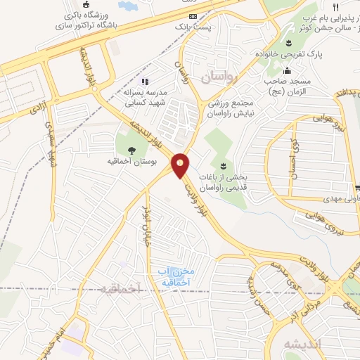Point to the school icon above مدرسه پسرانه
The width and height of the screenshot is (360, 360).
(146, 82)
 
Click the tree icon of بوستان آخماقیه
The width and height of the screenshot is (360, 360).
(131, 148)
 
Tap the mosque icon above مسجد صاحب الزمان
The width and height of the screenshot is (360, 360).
(287, 70)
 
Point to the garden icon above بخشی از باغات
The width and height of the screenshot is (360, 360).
(222, 165)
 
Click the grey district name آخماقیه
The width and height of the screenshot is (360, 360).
(120, 288)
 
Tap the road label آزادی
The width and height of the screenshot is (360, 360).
(35, 108)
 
